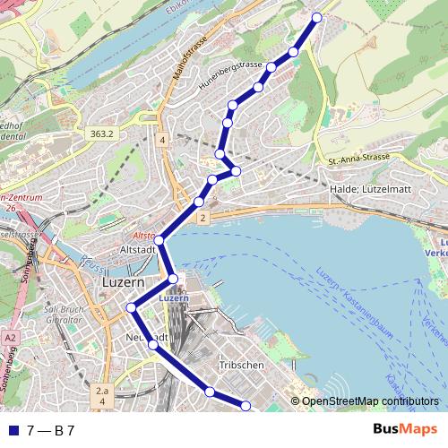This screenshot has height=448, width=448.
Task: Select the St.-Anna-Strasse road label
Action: pyautogui.click(x=358, y=159)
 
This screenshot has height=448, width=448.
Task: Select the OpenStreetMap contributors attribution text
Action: pyautogui.click(x=369, y=402)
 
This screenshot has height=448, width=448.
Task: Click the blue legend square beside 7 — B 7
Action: pyautogui.click(x=12, y=430)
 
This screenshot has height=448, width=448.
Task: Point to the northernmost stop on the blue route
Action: pyautogui.click(x=316, y=16)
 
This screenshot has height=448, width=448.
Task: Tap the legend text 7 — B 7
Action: pyautogui.click(x=50, y=430)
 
